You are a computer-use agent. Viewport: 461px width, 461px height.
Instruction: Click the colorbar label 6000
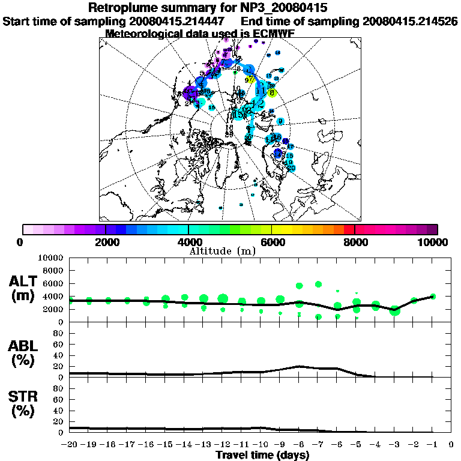[272, 243]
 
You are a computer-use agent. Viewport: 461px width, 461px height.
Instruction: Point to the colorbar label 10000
[434, 243]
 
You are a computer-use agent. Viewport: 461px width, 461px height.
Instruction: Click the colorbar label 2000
[106, 243]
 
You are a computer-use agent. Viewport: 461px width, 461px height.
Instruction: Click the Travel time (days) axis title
[262, 456]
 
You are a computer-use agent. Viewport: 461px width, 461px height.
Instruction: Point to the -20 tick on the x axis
[70, 445]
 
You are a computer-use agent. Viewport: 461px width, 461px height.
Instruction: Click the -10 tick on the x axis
[261, 445]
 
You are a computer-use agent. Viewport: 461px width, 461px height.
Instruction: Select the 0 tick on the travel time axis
[451, 445]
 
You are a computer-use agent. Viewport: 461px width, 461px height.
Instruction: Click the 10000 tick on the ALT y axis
[51, 258]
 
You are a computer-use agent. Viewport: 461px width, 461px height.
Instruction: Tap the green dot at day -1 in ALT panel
[433, 296]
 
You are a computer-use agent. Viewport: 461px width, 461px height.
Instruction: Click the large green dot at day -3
[394, 310]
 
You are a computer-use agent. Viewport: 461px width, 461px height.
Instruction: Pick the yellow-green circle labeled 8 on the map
[272, 92]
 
